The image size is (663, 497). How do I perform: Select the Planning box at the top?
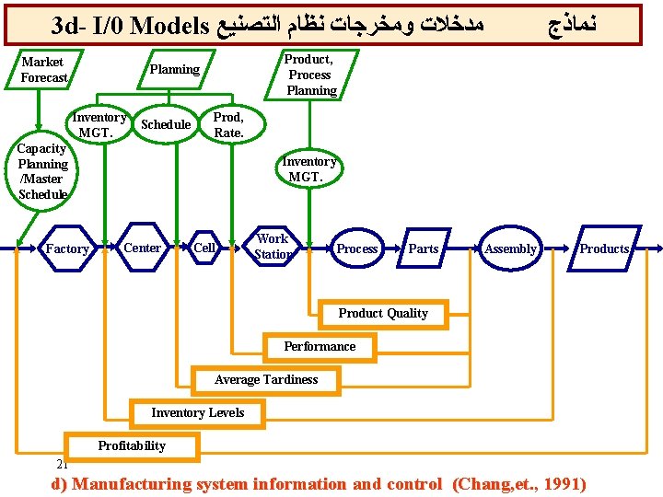[x=175, y=70]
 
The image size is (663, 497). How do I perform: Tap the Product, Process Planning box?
[x=310, y=75]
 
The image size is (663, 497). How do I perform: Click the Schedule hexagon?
[x=166, y=125]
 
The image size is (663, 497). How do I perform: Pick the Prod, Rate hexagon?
[x=228, y=125]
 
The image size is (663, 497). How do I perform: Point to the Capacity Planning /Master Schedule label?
[x=42, y=171]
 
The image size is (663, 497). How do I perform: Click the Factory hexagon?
[x=67, y=248]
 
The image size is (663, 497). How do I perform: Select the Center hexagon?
[x=142, y=248]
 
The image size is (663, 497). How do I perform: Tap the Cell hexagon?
[x=204, y=248]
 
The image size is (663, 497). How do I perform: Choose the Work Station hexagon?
[x=273, y=247]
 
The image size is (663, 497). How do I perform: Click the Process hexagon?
[x=357, y=248]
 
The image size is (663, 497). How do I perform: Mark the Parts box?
[x=424, y=248]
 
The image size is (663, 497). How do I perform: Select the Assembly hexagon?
[x=510, y=248]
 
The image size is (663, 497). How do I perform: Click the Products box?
[x=604, y=248]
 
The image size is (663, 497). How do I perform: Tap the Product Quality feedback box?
[x=383, y=314]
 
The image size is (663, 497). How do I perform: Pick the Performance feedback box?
[x=320, y=347]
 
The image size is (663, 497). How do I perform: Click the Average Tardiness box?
[x=266, y=380]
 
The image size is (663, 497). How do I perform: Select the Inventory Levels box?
[x=198, y=413]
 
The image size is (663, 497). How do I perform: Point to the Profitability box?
[x=132, y=446]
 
